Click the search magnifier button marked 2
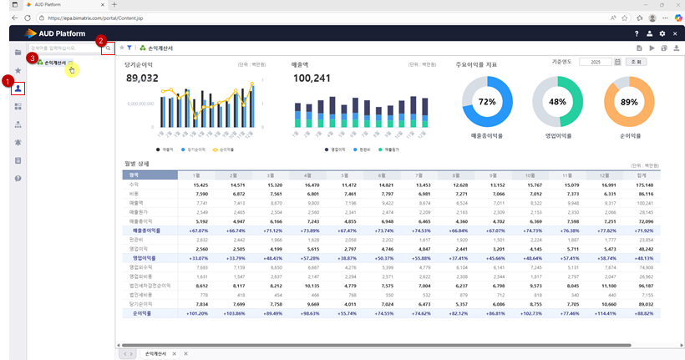point(107,49)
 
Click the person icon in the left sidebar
point(18,88)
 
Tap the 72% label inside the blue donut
point(487,101)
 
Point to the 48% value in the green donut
point(558,101)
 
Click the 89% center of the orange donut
point(628,101)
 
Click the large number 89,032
point(142,78)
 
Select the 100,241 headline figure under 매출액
point(312,78)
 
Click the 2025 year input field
point(595,62)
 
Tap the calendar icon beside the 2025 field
point(617,62)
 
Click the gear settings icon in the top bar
point(662,33)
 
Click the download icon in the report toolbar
point(676,48)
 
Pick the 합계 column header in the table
point(640,175)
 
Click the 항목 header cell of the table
point(150,175)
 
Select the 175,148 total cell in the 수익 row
point(640,185)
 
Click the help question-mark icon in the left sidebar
point(18,179)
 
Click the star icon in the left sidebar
point(18,70)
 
